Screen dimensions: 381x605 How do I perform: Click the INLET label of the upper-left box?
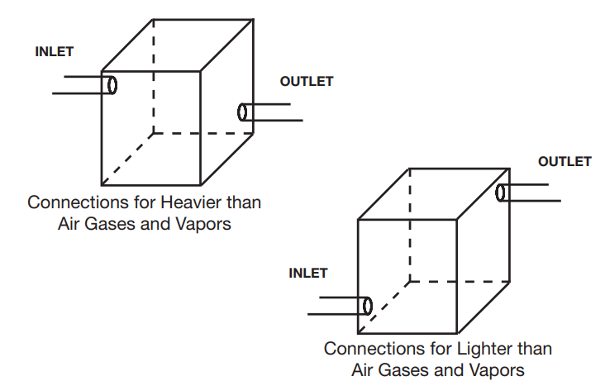(55, 52)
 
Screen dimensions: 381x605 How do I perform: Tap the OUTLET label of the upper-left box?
(307, 82)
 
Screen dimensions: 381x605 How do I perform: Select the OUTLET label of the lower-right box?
(565, 162)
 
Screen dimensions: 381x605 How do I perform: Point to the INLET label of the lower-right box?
(308, 274)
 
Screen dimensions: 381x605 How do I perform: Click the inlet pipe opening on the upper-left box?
(111, 84)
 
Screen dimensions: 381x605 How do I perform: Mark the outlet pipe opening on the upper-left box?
(243, 112)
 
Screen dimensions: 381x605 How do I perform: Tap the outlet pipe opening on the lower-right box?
(500, 193)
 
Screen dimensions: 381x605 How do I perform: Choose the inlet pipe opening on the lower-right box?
(367, 306)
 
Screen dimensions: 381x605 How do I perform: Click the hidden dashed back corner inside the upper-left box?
(153, 132)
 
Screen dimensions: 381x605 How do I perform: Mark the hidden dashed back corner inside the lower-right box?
(409, 280)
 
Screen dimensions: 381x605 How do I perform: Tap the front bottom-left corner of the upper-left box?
(102, 184)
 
